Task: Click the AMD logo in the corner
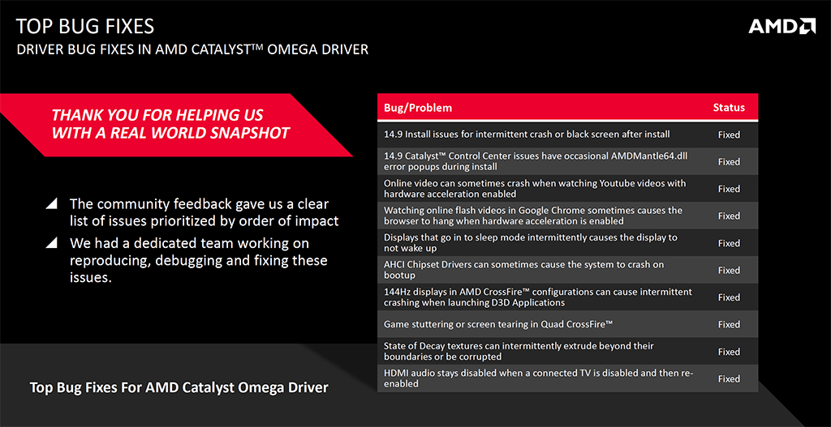point(781,27)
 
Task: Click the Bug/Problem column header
point(418,108)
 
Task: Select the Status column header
point(729,108)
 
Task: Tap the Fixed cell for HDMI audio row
point(729,378)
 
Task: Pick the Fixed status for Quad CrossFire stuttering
point(729,324)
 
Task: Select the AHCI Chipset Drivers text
point(434,264)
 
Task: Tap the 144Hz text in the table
point(398,292)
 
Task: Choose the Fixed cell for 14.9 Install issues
point(729,135)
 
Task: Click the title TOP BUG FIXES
point(84,28)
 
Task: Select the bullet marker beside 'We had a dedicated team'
point(52,242)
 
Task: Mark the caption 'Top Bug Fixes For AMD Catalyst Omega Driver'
point(179,387)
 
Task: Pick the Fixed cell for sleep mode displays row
point(729,243)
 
